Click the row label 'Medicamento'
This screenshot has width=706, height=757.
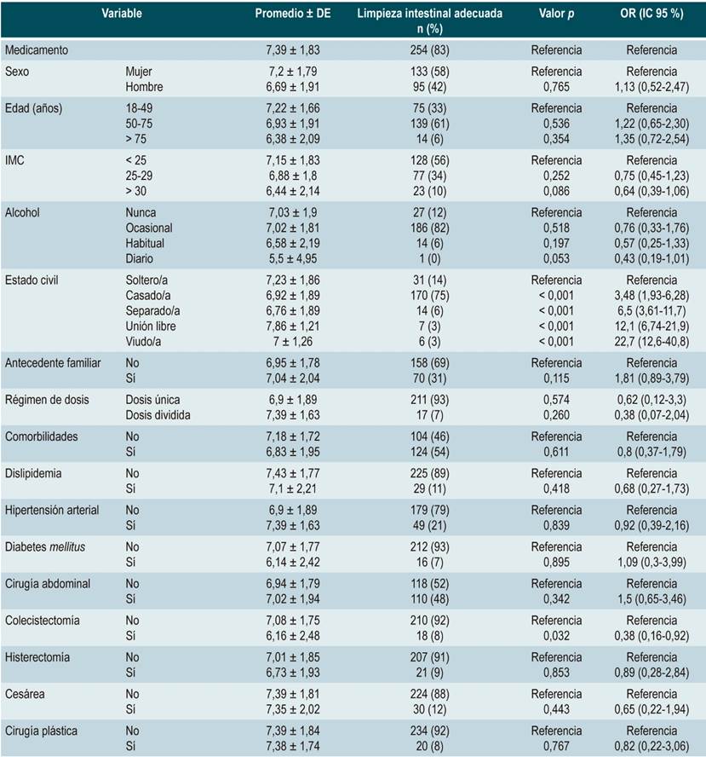[x=37, y=50]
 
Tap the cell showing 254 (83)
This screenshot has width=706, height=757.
[x=430, y=50]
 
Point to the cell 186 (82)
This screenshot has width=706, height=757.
[x=430, y=228]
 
